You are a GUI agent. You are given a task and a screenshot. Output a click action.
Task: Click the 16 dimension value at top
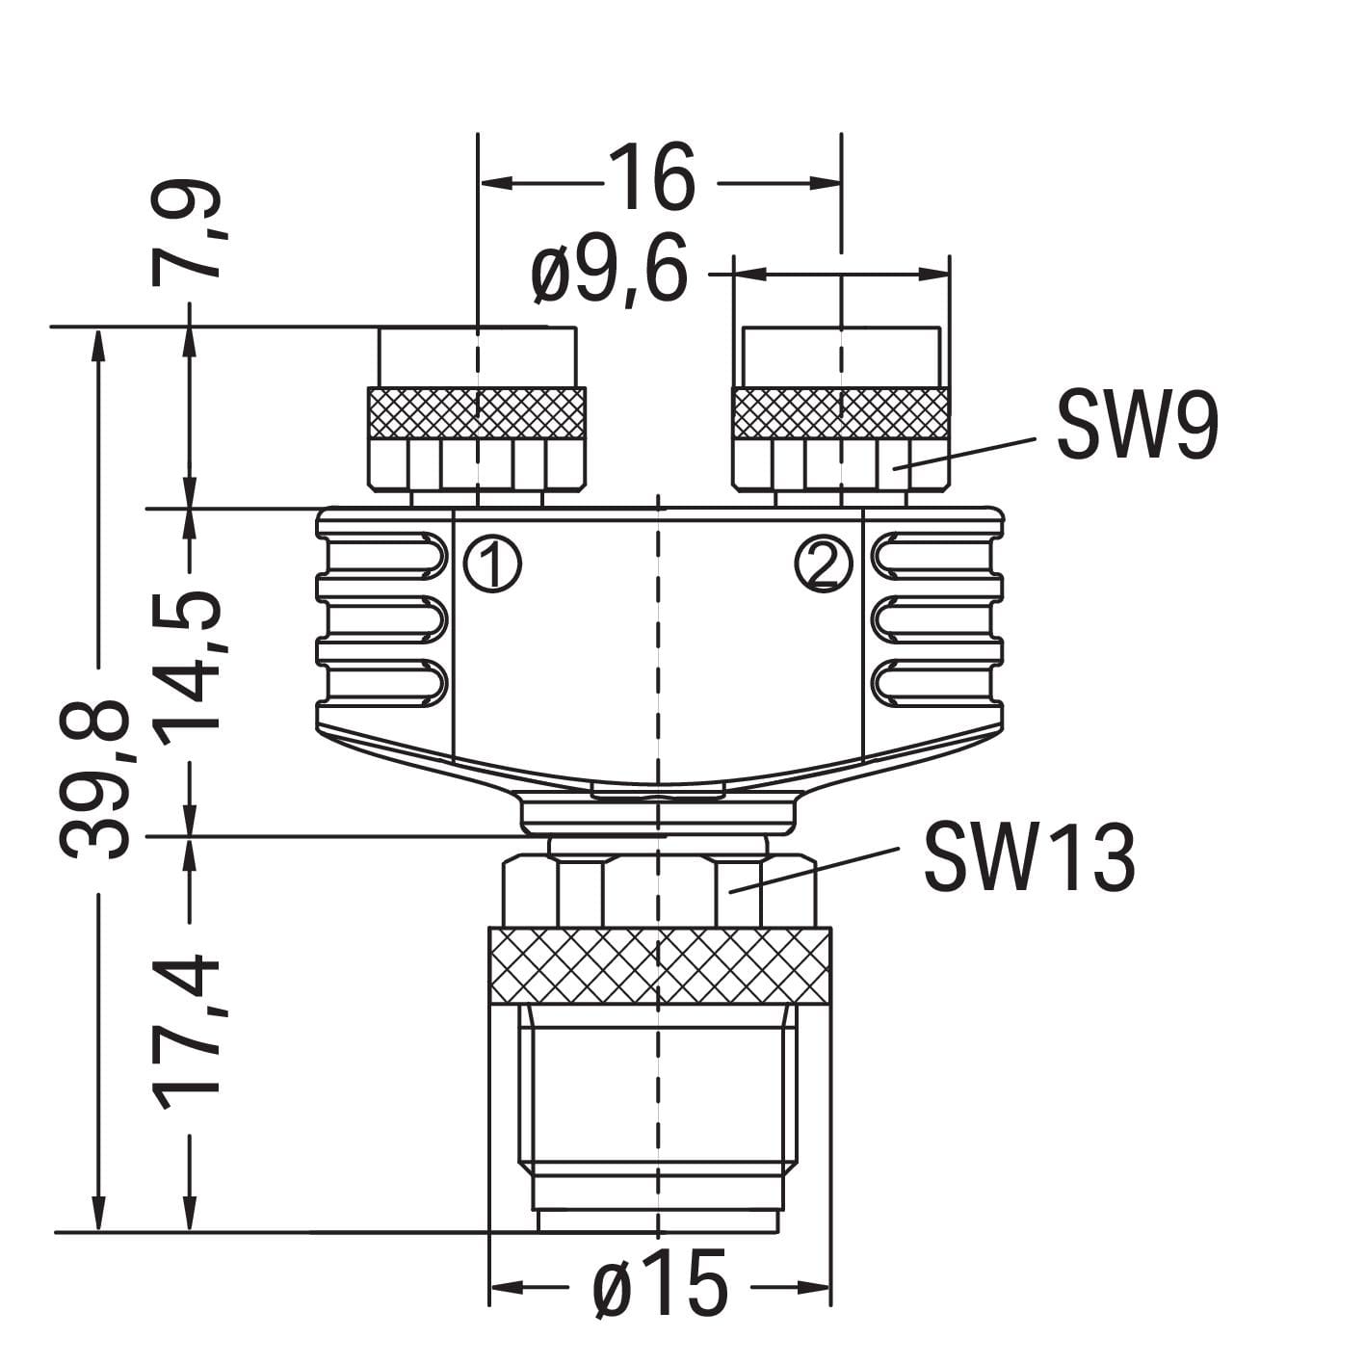[x=652, y=179]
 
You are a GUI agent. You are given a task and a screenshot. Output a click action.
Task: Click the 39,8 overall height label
[x=94, y=778]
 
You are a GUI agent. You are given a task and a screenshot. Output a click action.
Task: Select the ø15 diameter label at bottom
[x=660, y=1286]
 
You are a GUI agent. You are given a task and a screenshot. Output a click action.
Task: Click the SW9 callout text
[x=1137, y=427]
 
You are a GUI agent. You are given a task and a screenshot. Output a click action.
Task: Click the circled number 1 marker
[x=492, y=564]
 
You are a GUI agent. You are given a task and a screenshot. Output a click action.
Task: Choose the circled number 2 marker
[x=824, y=564]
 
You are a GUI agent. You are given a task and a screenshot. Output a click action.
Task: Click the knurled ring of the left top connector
[x=477, y=413]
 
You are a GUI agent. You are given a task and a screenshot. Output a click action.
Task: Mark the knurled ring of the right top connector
[x=840, y=413]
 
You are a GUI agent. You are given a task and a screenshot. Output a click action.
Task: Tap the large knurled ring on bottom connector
[x=660, y=966]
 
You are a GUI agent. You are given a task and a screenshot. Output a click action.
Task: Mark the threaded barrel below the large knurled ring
[x=658, y=1098]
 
